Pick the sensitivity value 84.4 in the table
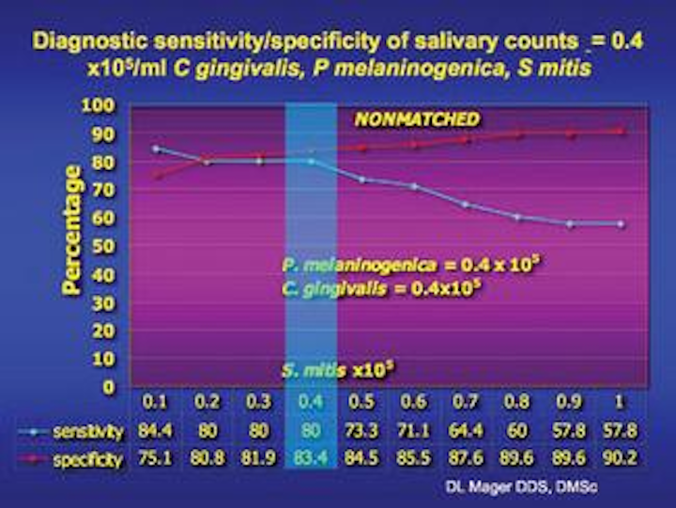coord(155,432)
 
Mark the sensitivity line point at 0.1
coord(156,148)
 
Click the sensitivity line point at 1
coord(622,223)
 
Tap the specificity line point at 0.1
coord(156,175)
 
